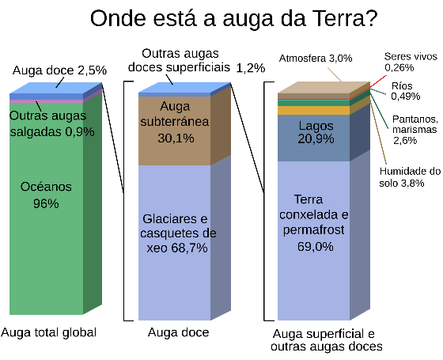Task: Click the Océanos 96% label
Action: (x=46, y=195)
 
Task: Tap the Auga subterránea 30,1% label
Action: (x=174, y=122)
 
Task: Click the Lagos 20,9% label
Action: (x=316, y=133)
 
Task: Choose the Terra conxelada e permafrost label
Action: (x=314, y=222)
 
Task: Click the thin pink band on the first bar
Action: (x=46, y=101)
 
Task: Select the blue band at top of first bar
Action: (x=46, y=97)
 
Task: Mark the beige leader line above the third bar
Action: (x=335, y=74)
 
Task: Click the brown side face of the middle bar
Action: (x=221, y=123)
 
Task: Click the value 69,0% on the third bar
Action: (x=316, y=246)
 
